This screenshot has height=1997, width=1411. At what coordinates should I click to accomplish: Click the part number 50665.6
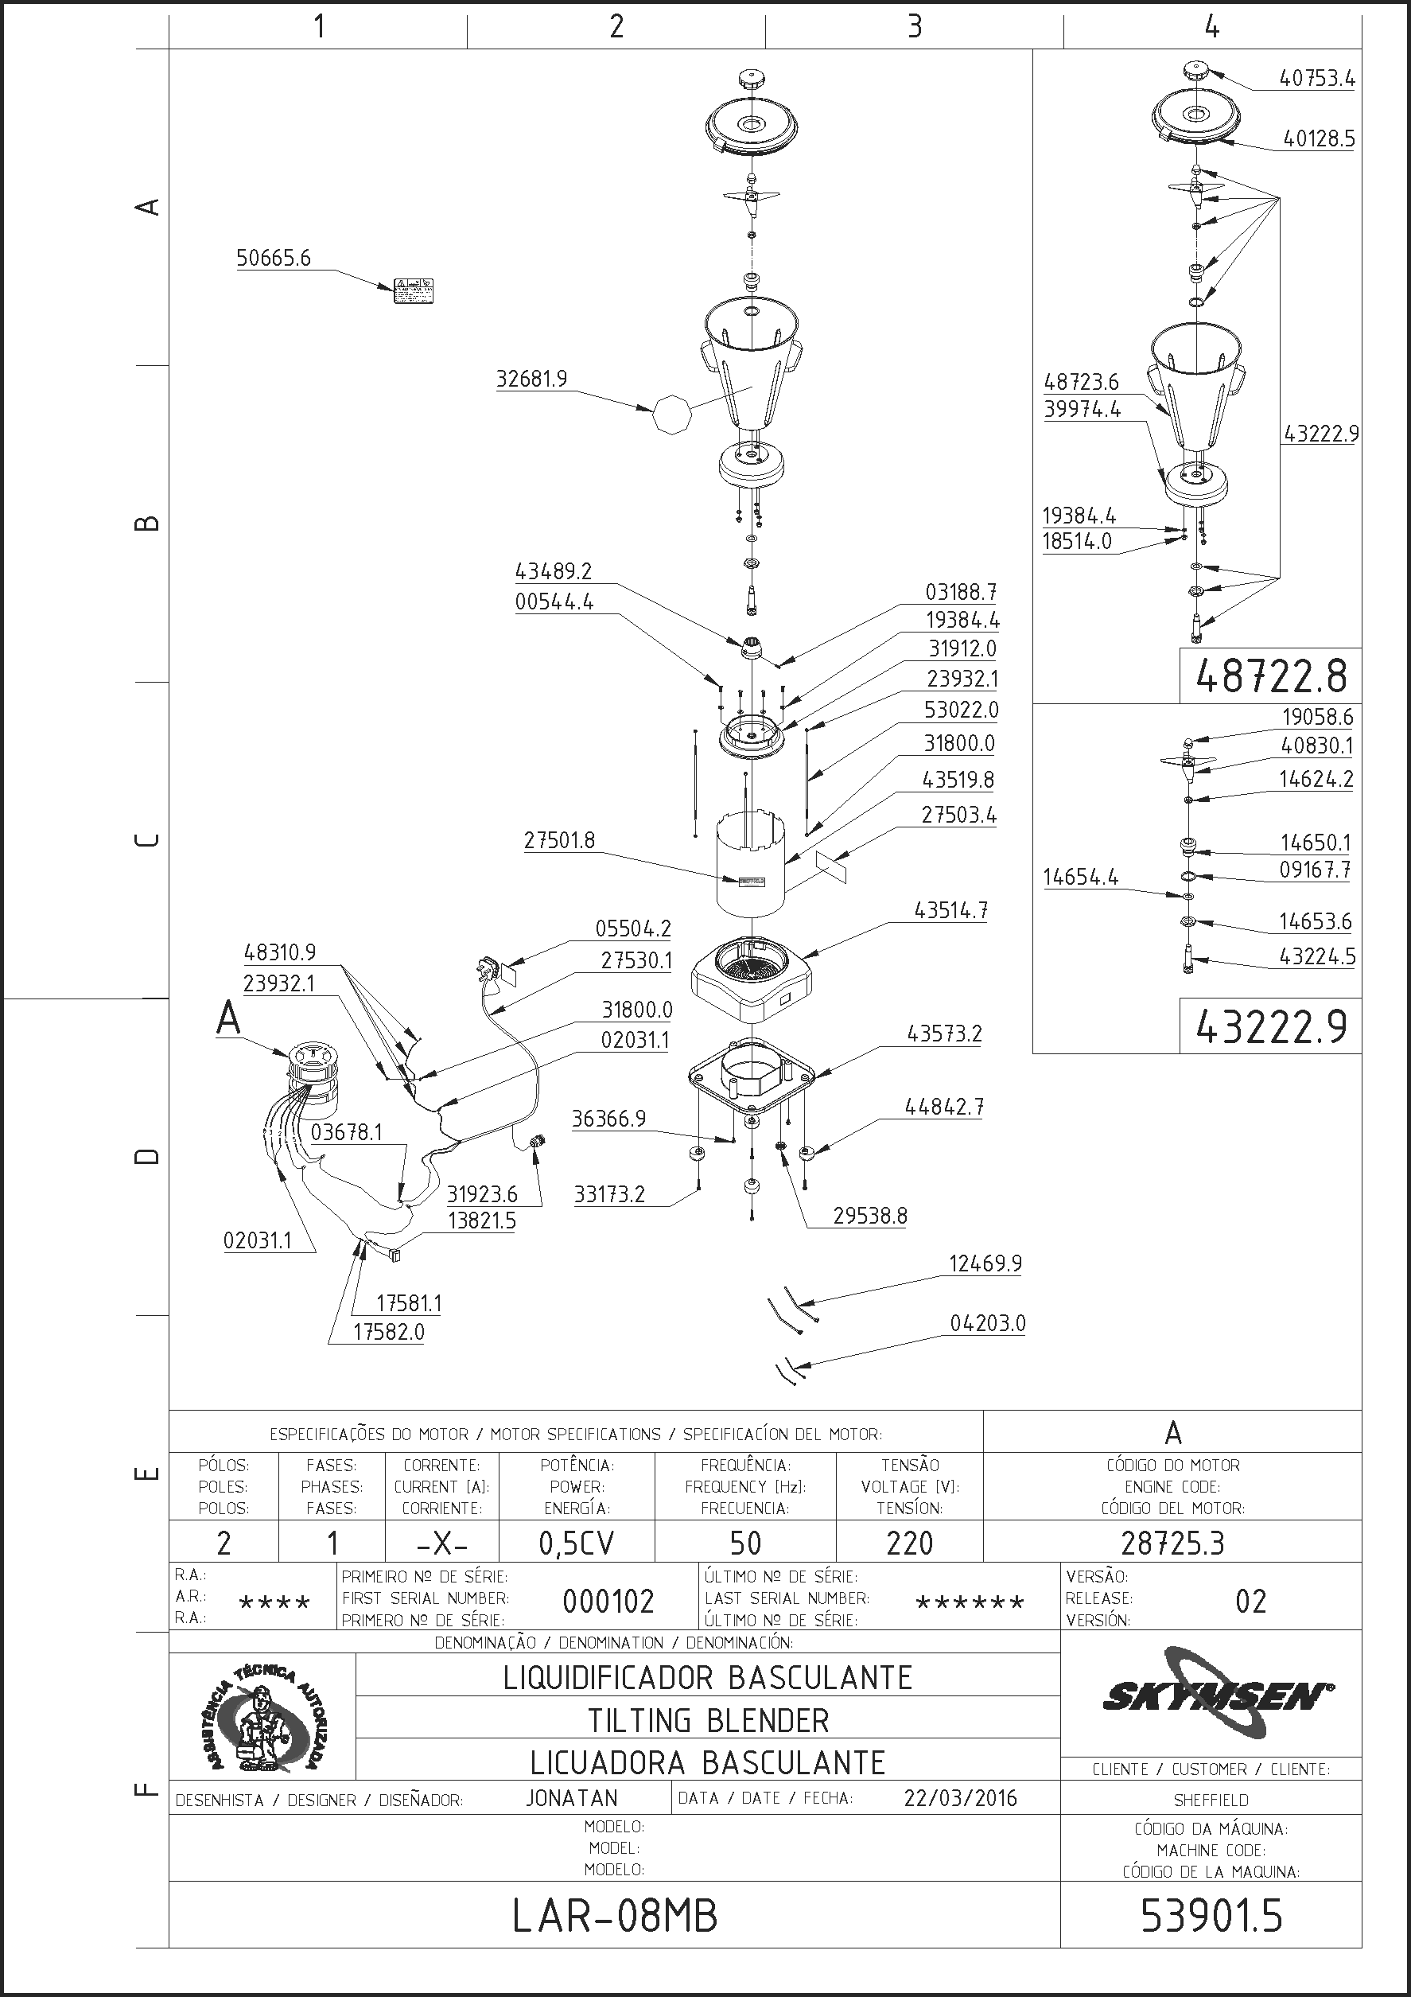tap(273, 259)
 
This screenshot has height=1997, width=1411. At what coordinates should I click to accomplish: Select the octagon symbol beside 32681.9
tap(672, 415)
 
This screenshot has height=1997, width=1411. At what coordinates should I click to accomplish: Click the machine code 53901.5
tap(1211, 1916)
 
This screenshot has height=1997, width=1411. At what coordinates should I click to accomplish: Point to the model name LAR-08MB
tap(615, 1916)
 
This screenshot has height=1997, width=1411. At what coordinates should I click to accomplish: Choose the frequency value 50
tap(745, 1543)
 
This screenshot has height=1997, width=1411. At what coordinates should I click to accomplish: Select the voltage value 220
tap(909, 1543)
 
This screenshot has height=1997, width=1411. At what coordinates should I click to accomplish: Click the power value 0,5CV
tap(577, 1543)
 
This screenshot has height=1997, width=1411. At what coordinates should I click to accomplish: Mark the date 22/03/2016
tap(960, 1798)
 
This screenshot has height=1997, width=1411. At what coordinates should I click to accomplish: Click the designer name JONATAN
tap(571, 1798)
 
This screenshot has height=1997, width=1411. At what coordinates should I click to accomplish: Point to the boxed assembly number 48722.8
tap(1270, 675)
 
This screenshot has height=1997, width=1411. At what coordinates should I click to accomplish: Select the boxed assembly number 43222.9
tap(1270, 1027)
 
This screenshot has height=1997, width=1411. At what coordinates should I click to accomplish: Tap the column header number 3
tap(914, 26)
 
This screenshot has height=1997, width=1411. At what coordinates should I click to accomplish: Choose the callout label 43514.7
tap(950, 911)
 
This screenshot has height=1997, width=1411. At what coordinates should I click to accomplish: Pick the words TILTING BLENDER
tap(708, 1720)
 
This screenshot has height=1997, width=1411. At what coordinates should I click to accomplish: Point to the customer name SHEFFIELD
tap(1211, 1800)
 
